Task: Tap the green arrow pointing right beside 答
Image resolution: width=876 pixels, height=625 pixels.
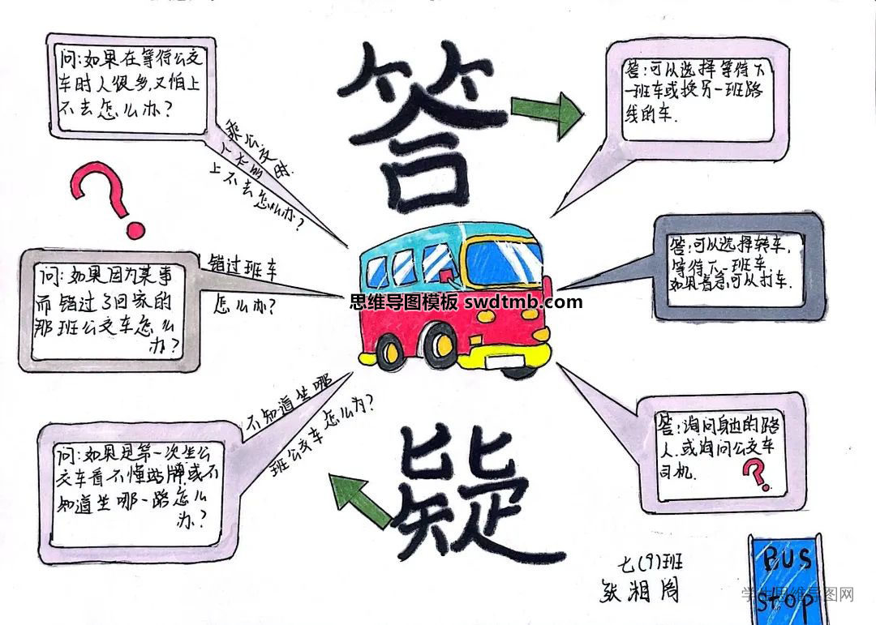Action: pos(546,113)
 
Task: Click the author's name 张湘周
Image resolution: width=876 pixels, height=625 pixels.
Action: pos(637,589)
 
